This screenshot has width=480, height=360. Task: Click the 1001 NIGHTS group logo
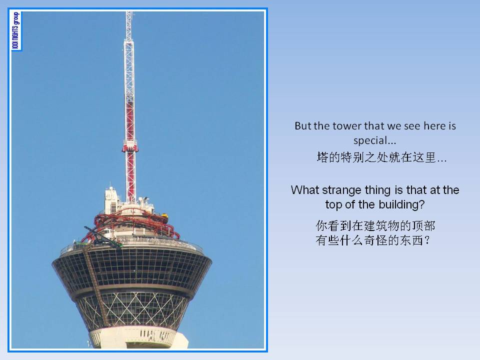tap(16, 30)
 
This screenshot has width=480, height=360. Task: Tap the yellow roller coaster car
tap(164, 216)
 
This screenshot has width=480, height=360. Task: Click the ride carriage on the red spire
tap(130, 146)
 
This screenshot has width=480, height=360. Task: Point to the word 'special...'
tap(374, 141)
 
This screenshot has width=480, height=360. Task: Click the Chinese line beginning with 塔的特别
tap(381, 157)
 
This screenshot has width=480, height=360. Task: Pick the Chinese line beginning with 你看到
tap(375, 226)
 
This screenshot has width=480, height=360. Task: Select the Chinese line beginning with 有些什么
tap(373, 240)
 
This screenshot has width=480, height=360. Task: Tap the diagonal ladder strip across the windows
tap(96, 286)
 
